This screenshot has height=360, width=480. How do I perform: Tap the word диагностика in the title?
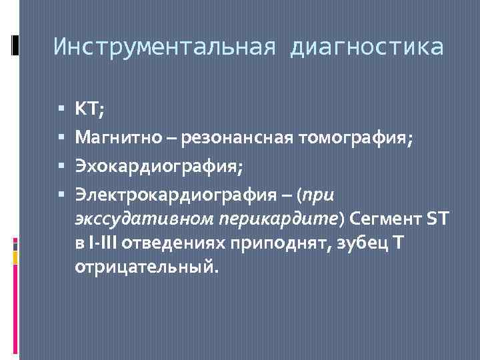[366, 47]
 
